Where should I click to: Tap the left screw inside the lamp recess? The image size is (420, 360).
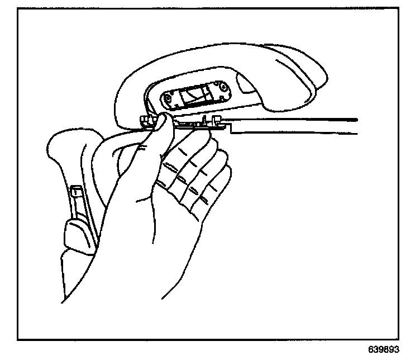(167, 100)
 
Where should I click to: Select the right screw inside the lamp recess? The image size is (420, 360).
(223, 88)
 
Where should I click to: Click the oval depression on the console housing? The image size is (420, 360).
(248, 84)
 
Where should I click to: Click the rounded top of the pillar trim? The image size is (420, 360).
(67, 140)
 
